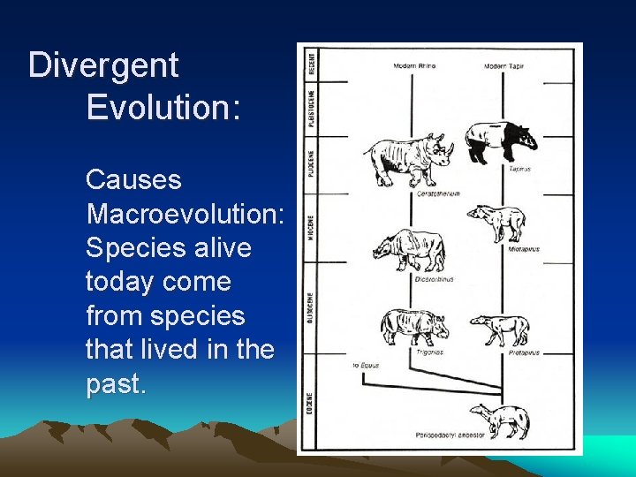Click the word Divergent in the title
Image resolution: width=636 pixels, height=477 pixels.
103,65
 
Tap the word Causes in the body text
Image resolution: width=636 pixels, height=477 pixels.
133,180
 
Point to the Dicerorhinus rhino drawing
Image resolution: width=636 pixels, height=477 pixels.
408,250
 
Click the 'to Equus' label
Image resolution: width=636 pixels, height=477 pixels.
364,363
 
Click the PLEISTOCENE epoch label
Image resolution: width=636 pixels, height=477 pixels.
310,105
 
